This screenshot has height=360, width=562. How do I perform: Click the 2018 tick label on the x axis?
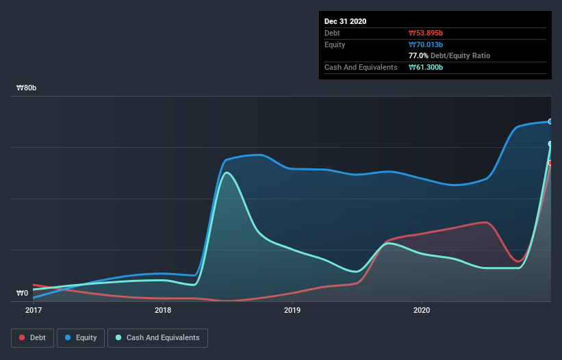pyautogui.click(x=163, y=310)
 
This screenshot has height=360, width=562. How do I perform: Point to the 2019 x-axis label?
pyautogui.click(x=292, y=310)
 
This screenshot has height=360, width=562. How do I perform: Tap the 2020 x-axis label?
pyautogui.click(x=422, y=310)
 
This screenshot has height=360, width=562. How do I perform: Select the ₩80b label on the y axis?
pyautogui.click(x=27, y=88)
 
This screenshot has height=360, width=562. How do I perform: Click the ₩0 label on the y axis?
pyautogui.click(x=23, y=294)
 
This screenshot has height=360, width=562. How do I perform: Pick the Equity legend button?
pyautogui.click(x=81, y=337)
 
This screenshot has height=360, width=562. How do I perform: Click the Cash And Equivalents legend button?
pyautogui.click(x=157, y=337)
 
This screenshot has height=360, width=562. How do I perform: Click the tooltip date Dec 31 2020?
pyautogui.click(x=345, y=21)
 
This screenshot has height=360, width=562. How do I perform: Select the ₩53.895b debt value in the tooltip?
pyautogui.click(x=427, y=33)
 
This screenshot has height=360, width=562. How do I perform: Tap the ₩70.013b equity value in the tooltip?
pyautogui.click(x=426, y=44)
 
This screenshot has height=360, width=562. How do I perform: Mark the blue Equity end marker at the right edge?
pyautogui.click(x=550, y=121)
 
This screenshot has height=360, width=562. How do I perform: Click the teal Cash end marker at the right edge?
pyautogui.click(x=550, y=144)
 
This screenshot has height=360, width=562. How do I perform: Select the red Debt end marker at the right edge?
pyautogui.click(x=550, y=162)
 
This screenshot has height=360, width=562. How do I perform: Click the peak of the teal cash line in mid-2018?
pyautogui.click(x=227, y=172)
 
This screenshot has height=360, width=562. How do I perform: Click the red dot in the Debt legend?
pyautogui.click(x=23, y=337)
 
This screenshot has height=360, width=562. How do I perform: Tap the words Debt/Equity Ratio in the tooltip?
pyautogui.click(x=461, y=55)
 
